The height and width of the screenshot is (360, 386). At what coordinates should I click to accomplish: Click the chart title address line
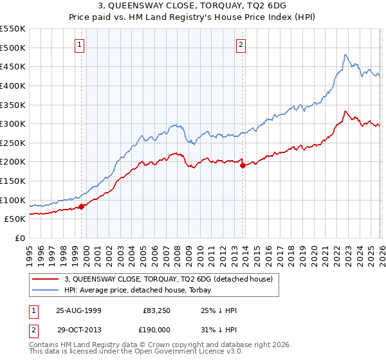[x=193, y=4]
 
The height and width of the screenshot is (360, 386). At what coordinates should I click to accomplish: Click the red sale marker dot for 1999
[x=82, y=206]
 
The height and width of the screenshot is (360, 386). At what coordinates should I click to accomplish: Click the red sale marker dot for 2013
[x=243, y=165]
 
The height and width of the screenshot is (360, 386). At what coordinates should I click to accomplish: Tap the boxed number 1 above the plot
[x=78, y=44]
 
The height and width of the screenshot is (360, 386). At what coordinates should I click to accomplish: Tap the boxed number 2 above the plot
[x=241, y=44]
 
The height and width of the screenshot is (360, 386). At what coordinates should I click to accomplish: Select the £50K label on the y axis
[x=15, y=219]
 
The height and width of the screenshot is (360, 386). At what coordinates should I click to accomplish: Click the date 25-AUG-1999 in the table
[x=78, y=310]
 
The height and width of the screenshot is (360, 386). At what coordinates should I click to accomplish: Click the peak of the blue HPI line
[x=345, y=55]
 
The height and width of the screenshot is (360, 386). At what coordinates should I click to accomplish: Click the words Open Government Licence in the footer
[x=181, y=353]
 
